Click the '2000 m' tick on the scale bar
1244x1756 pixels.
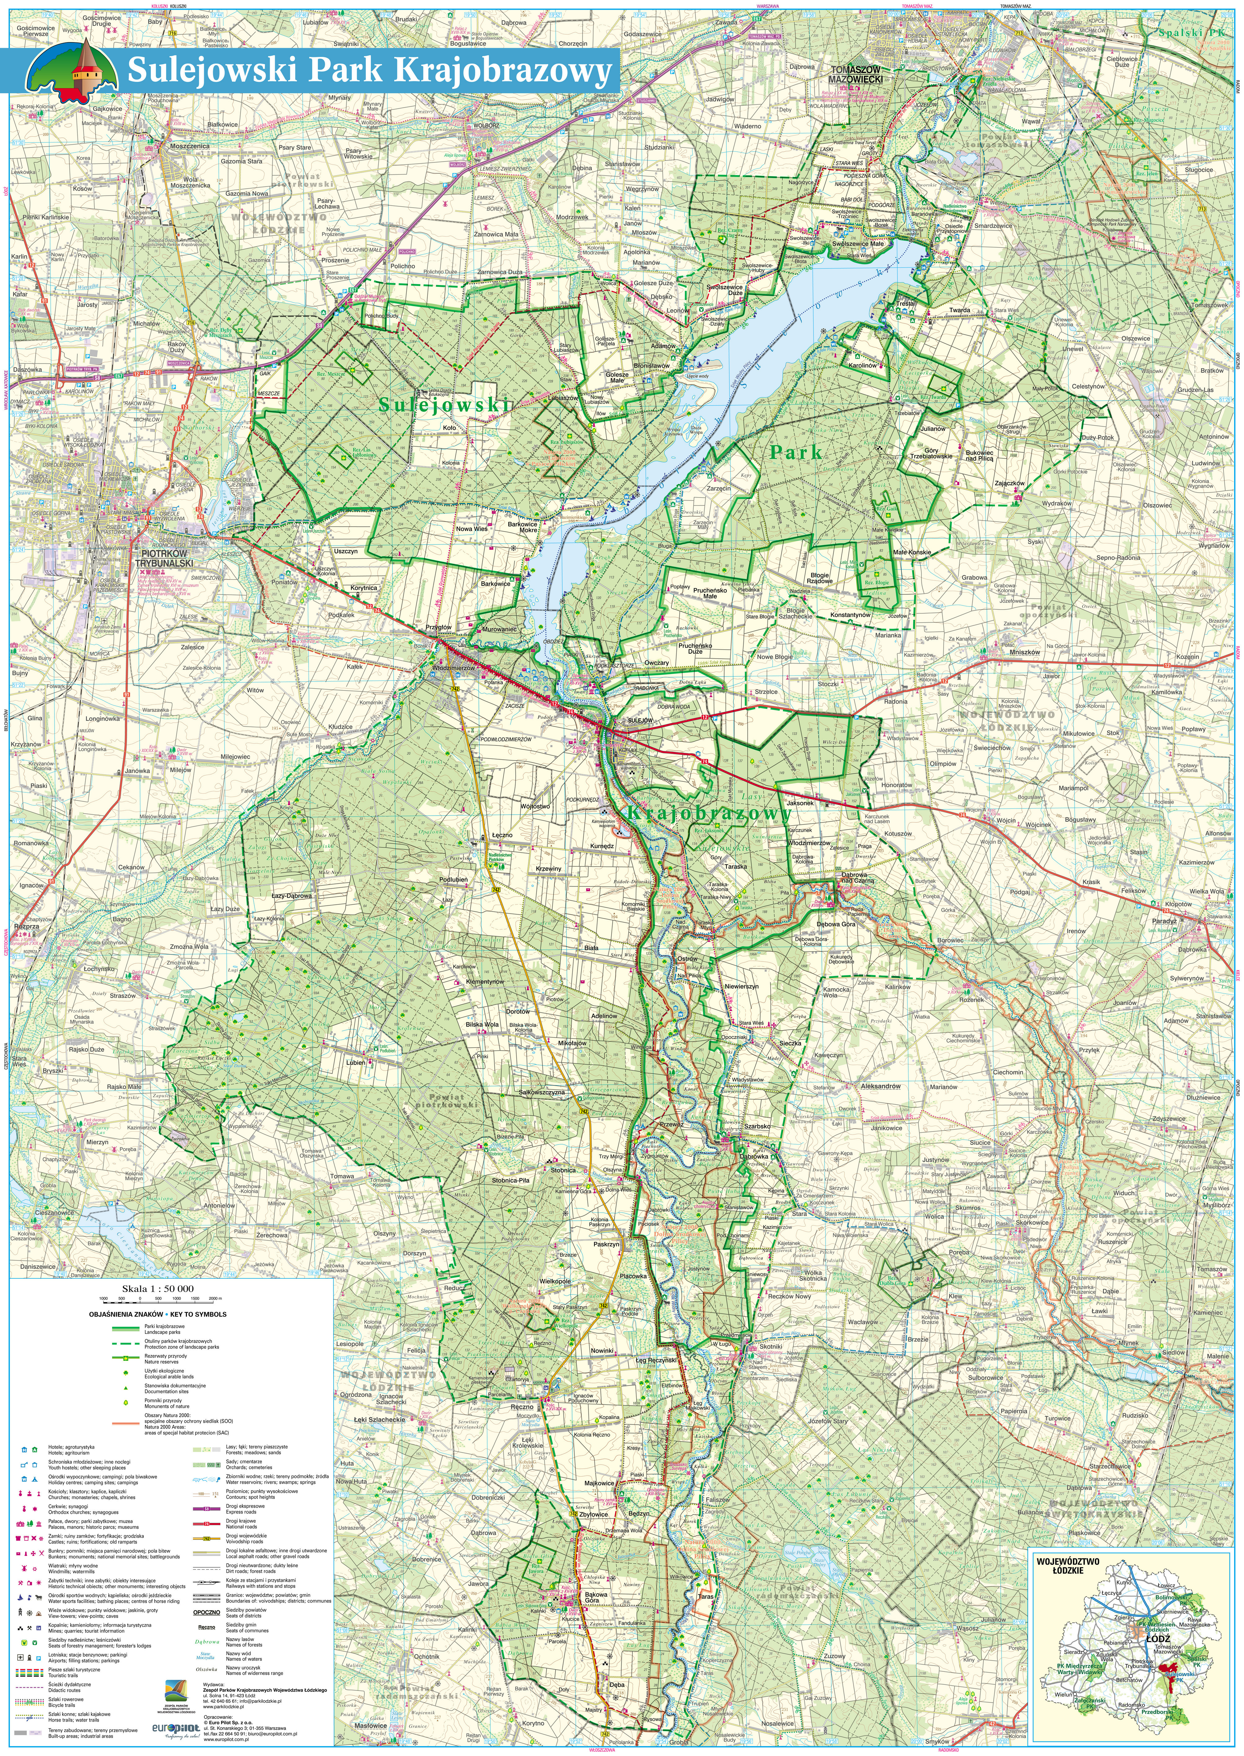pos(215,1299)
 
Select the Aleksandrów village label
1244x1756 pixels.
pos(880,1086)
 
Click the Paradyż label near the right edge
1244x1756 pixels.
pos(1163,921)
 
